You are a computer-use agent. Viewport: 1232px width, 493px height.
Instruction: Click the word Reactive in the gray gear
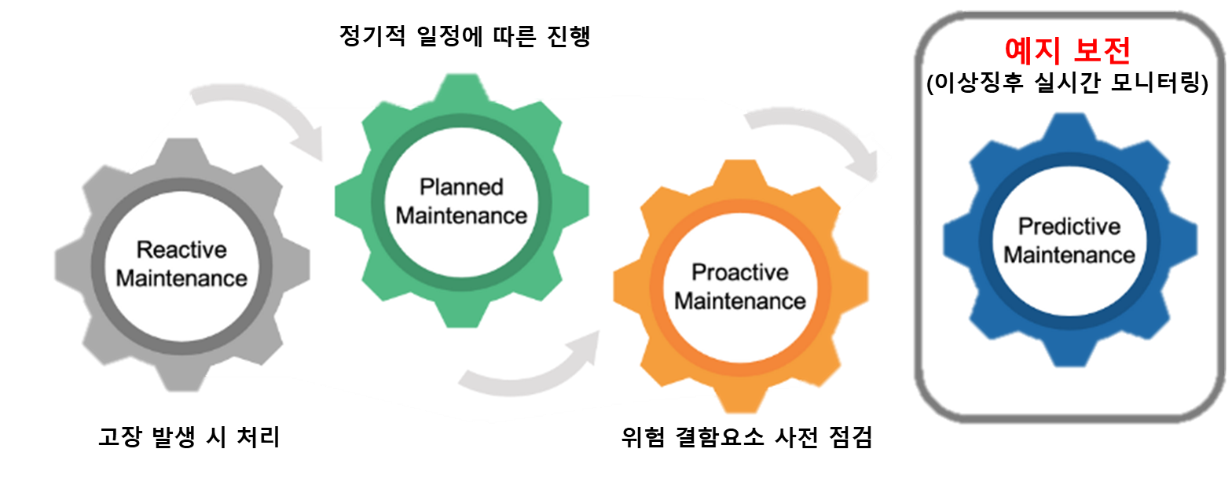181,250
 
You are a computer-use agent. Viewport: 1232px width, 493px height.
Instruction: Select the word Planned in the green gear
460,187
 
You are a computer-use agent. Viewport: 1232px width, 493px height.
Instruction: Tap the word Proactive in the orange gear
739,272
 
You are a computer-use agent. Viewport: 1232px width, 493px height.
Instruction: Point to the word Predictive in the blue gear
1069,226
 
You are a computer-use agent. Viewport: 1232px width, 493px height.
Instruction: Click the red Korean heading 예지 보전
1068,51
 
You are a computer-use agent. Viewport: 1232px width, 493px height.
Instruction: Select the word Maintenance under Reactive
181,278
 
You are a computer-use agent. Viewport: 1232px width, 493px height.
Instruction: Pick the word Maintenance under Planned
460,215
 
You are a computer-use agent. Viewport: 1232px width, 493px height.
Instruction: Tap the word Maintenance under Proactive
739,300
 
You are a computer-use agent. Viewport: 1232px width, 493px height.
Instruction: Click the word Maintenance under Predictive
1069,255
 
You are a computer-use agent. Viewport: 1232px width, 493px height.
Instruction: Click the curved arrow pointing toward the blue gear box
817,134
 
